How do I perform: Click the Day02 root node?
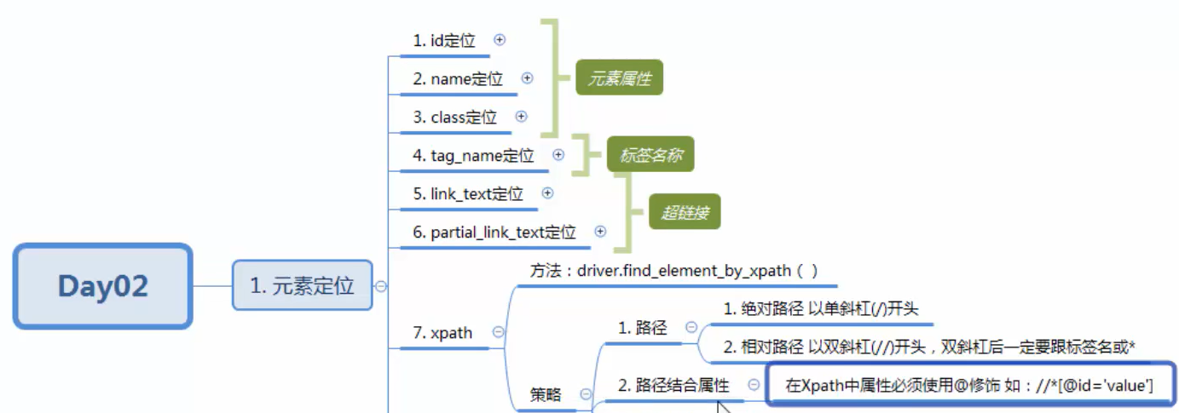point(102,286)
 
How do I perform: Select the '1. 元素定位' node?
point(302,285)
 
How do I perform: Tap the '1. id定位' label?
point(444,40)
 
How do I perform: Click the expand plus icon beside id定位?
point(500,39)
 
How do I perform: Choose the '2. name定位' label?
point(458,78)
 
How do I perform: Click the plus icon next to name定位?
point(527,77)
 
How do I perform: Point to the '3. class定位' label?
point(454,118)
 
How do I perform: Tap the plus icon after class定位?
point(521,117)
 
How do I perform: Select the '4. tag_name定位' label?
point(473,156)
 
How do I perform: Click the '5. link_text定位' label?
point(468,194)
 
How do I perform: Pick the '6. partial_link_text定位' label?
point(494,232)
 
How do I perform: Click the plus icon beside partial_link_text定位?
point(600,231)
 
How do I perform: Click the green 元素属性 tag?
point(619,79)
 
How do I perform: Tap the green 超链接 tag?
point(684,213)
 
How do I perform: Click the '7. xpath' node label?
point(442,333)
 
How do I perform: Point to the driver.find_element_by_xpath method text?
point(673,271)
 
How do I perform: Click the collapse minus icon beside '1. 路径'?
point(691,327)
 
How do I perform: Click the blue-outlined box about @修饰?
point(969,386)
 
